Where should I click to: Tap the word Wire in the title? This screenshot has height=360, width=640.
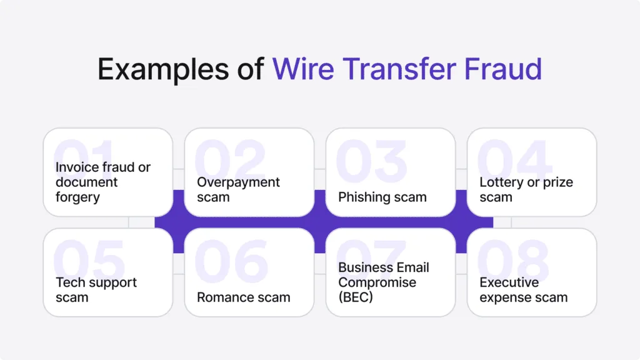tap(303, 69)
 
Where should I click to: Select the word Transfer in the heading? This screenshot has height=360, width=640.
tap(399, 69)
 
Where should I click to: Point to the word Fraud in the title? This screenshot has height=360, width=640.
tap(503, 69)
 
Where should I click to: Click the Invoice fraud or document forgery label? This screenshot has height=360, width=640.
tap(103, 182)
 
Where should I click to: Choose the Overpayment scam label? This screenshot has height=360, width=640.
tap(238, 189)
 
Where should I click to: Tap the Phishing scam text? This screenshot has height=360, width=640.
tap(382, 197)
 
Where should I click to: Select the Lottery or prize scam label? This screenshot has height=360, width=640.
tap(526, 189)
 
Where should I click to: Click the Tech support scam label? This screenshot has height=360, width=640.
tap(96, 290)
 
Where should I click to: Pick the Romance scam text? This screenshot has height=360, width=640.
tap(244, 297)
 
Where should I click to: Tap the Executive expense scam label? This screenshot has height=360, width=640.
tap(524, 290)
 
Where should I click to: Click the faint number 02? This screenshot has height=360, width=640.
tap(230, 161)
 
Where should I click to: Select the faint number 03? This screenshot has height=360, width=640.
tap(371, 161)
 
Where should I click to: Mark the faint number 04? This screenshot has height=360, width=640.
tap(514, 161)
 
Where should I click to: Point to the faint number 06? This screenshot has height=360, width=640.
tap(231, 261)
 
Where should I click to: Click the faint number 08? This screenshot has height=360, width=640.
tap(512, 261)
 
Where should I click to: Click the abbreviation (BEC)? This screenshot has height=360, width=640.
tap(356, 297)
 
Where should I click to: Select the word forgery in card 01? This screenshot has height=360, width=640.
tap(77, 197)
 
